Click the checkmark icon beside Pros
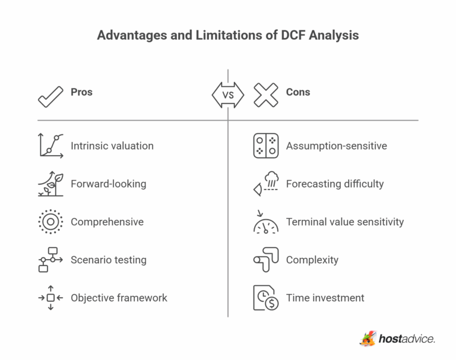[x=50, y=95]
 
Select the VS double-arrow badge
[x=228, y=95]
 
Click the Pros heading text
[x=81, y=92]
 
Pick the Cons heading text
[x=298, y=92]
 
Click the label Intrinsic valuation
[x=112, y=146]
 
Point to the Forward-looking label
[x=108, y=184]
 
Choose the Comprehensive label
[x=107, y=222]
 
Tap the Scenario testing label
[x=108, y=260]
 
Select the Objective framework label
[x=119, y=298]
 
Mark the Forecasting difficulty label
[x=335, y=184]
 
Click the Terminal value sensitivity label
[x=344, y=222]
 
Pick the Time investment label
[x=325, y=298]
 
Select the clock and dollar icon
[x=265, y=298]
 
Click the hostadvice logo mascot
[x=368, y=339]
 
